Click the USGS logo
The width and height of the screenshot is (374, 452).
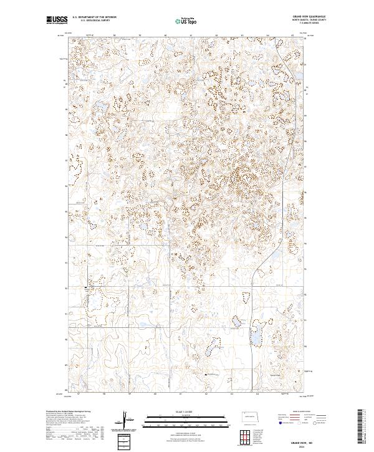[55, 20]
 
